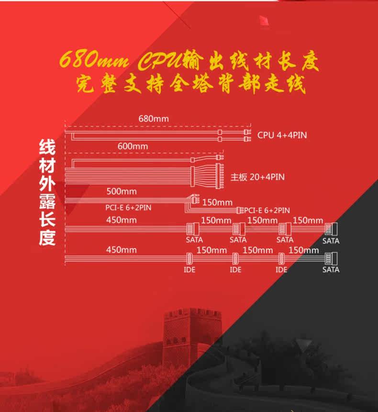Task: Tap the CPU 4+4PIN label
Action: (x=282, y=135)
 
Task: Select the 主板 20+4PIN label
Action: (x=257, y=177)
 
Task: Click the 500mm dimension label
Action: (x=122, y=192)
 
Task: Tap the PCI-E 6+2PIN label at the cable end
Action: (x=267, y=210)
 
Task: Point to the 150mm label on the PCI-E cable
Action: (x=217, y=202)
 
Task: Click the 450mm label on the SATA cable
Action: (x=122, y=220)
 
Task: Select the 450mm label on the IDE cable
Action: (x=122, y=250)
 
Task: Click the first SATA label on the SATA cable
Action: (x=194, y=240)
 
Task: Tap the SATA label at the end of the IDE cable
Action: (x=331, y=270)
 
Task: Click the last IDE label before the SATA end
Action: (x=281, y=270)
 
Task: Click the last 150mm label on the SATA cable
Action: (x=308, y=220)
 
